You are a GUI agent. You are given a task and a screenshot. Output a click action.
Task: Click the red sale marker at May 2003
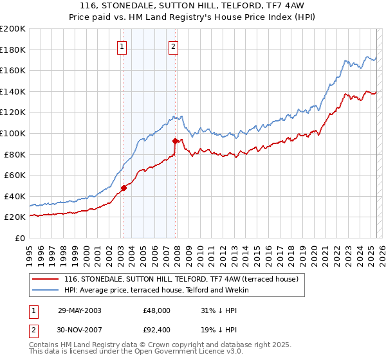point(124,188)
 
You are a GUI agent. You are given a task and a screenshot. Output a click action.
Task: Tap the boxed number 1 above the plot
point(122,46)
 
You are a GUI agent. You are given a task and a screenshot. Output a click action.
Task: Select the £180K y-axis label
point(12,50)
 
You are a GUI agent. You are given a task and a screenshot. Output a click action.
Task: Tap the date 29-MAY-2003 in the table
point(79,310)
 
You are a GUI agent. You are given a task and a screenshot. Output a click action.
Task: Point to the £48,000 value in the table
point(157,310)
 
